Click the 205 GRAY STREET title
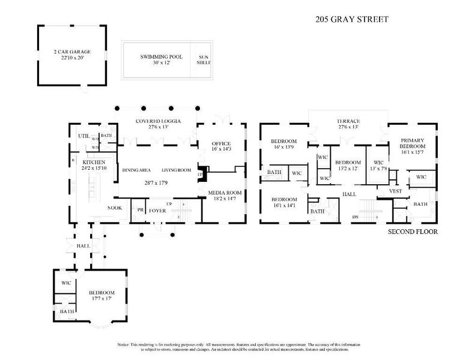[352, 19]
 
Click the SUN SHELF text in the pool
[205, 59]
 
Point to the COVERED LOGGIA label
[158, 121]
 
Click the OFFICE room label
[221, 144]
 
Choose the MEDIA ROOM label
[225, 193]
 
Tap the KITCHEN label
[94, 163]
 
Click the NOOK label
[115, 208]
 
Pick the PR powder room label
[140, 210]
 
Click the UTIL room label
[83, 136]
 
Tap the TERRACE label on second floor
[348, 121]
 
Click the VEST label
[395, 191]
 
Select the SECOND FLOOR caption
[413, 232]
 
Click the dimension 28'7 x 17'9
[157, 182]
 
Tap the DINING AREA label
[136, 170]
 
